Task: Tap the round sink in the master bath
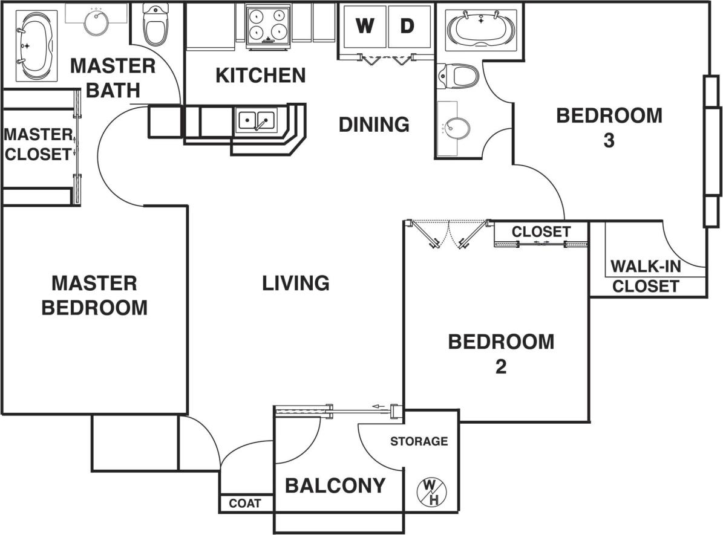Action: tap(96, 23)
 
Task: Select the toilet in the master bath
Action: tap(155, 24)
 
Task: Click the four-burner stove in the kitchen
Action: tap(268, 24)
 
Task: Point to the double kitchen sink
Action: tap(257, 120)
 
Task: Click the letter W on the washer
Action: tap(364, 26)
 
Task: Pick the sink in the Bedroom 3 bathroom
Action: tap(456, 128)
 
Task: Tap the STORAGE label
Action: tap(419, 441)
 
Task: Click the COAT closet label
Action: tap(245, 503)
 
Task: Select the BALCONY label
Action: tap(335, 485)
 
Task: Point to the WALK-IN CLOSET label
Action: tap(645, 276)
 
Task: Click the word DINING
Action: tap(374, 125)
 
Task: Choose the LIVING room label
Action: tap(296, 283)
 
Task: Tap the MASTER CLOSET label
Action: tap(38, 143)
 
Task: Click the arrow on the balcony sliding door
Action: tap(379, 406)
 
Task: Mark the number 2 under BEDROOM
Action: tap(500, 367)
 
